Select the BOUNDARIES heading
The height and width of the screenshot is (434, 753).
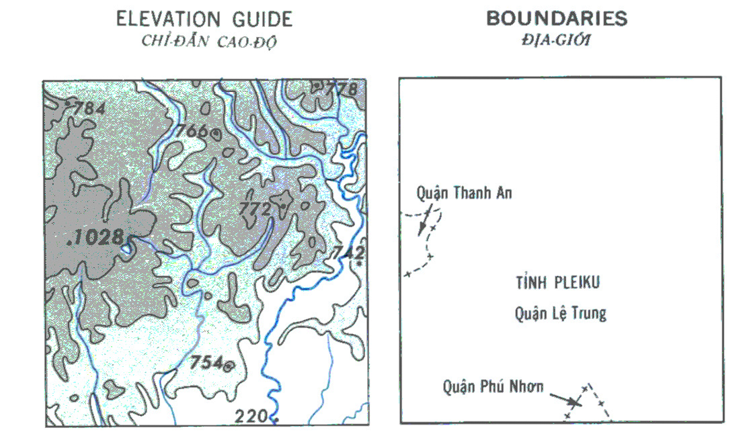[x=557, y=19]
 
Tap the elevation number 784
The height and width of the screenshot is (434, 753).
[x=89, y=107]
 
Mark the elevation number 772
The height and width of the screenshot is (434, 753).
[x=255, y=209]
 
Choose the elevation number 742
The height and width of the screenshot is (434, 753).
[x=348, y=252]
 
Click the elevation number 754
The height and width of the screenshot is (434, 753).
[x=206, y=362]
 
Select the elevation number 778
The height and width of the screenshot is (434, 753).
[x=342, y=89]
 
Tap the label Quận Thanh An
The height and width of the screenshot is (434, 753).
[x=464, y=193]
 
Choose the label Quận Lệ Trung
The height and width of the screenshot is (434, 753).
[x=561, y=312]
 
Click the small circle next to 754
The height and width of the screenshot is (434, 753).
[x=229, y=365]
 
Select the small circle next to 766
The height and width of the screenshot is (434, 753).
[x=215, y=133]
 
